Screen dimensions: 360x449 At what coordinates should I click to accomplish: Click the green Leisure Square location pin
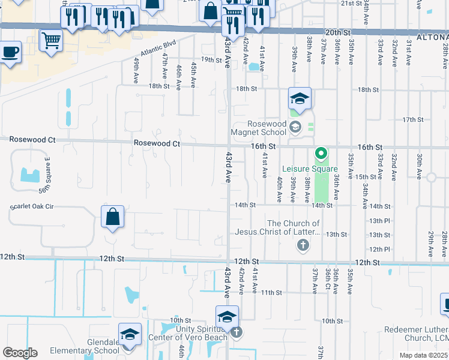pyautogui.click(x=321, y=155)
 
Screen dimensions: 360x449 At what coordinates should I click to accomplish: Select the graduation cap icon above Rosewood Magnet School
pyautogui.click(x=300, y=98)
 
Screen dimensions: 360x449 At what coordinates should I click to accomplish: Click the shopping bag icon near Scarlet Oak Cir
pyautogui.click(x=113, y=217)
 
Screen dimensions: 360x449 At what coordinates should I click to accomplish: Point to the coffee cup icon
pyautogui.click(x=10, y=52)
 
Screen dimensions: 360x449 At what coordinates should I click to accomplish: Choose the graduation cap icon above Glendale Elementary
pyautogui.click(x=130, y=335)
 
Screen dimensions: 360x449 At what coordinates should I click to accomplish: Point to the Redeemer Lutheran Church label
pyautogui.click(x=417, y=334)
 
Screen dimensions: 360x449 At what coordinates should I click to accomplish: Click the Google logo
pyautogui.click(x=19, y=353)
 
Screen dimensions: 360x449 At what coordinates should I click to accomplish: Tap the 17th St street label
pyautogui.click(x=413, y=119)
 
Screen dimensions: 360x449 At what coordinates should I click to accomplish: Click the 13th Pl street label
pyautogui.click(x=379, y=221)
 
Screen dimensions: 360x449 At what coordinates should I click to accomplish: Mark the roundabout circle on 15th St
pyautogui.click(x=431, y=177)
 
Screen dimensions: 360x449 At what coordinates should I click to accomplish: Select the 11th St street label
pyautogui.click(x=271, y=292)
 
